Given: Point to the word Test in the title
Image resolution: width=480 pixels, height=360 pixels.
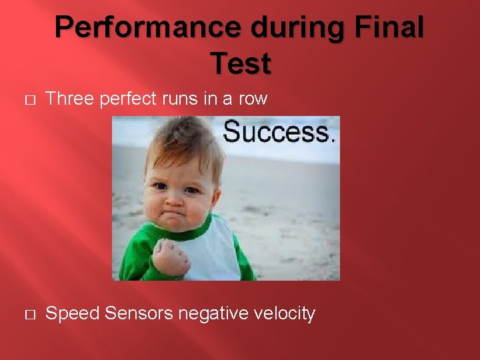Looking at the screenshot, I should pyautogui.click(x=240, y=63).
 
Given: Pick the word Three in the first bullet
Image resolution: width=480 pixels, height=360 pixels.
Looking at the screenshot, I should pyautogui.click(x=69, y=99).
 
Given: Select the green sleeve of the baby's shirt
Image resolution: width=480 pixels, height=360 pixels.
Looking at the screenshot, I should pyautogui.click(x=136, y=253).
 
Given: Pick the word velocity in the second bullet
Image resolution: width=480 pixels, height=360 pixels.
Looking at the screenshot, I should pyautogui.click(x=285, y=313).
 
